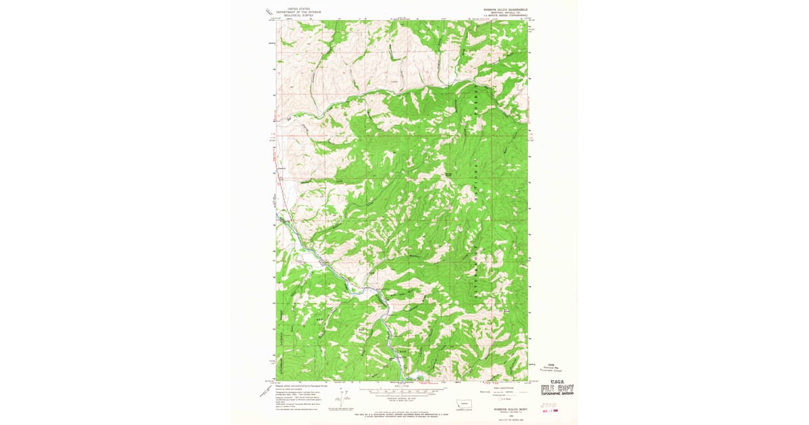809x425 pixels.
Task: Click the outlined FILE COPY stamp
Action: (x=557, y=389)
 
